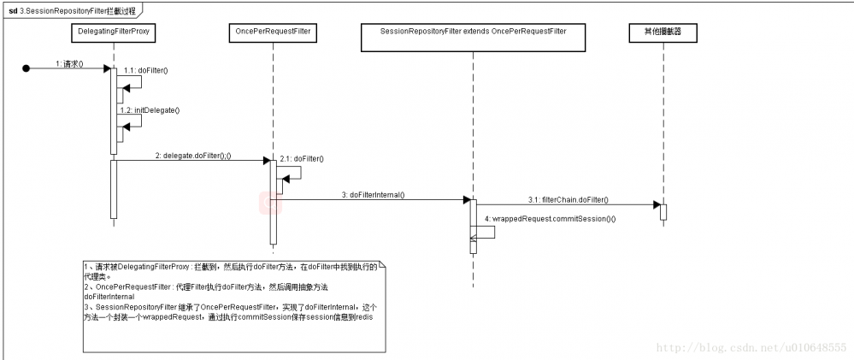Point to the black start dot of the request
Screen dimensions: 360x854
[27, 68]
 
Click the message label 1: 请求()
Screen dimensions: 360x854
[70, 63]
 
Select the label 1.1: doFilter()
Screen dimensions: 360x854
[145, 70]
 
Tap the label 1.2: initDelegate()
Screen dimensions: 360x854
[150, 110]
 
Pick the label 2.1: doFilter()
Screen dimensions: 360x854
[301, 158]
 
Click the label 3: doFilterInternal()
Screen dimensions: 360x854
[373, 195]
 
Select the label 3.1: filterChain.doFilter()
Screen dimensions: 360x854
[568, 199]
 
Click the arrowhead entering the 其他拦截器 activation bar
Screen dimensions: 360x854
[656, 205]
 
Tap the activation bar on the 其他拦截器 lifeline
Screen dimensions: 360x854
[663, 211]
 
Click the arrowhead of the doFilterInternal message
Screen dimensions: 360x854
[466, 200]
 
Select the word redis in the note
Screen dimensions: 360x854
[364, 316]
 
